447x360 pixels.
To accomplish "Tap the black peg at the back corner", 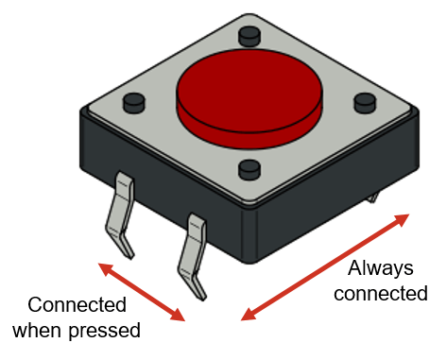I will (x=249, y=36).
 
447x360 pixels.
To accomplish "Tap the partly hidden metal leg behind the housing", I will (x=376, y=198).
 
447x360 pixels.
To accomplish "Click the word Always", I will (x=387, y=267).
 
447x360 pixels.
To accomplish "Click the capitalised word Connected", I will (x=77, y=305).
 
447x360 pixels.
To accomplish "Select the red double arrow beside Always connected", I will (x=326, y=267).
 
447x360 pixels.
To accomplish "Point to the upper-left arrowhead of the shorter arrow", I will (x=105, y=268).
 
